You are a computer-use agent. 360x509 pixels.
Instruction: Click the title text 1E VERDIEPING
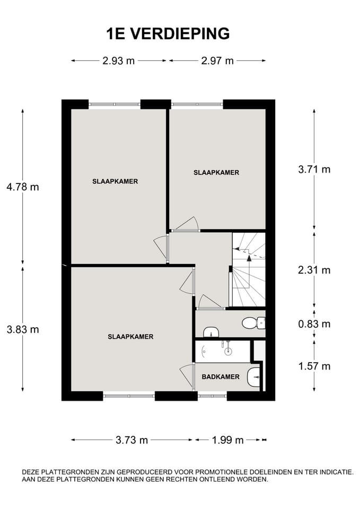point(168,33)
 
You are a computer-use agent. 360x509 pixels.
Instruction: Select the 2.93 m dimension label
point(119,60)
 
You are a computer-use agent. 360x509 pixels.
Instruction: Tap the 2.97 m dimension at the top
point(217,60)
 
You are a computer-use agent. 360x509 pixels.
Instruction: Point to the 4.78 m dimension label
point(23,187)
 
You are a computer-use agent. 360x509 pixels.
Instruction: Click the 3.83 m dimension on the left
point(23,329)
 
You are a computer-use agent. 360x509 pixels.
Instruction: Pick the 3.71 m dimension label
point(314,170)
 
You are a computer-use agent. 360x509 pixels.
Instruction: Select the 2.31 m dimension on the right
point(314,270)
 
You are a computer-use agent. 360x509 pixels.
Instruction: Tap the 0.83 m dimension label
point(314,323)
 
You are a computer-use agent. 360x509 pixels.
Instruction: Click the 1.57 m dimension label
point(314,366)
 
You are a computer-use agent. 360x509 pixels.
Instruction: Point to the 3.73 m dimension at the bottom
point(132,440)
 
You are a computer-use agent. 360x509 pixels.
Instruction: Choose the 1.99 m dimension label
point(227,440)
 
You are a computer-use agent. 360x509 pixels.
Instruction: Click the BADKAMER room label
point(221,377)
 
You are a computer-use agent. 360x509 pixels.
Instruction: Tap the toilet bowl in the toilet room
point(251,322)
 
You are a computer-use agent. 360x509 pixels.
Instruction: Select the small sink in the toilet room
point(211,332)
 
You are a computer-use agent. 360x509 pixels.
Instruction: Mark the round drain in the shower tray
point(229,351)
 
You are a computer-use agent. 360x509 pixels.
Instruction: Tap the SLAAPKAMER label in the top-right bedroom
point(216,172)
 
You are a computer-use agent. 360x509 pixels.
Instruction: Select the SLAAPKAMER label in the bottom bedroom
point(130,337)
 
